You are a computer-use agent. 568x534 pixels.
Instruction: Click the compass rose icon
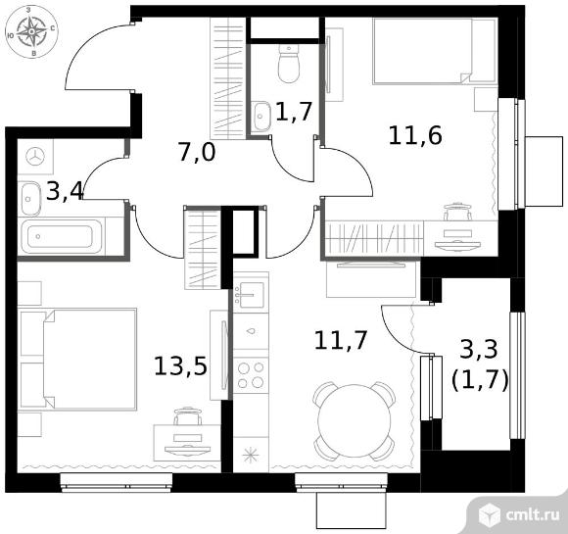coord(32,32)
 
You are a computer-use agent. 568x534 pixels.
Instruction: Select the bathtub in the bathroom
coord(61,236)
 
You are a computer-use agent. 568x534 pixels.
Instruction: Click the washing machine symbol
coord(35,157)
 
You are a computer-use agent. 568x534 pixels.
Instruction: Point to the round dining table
coord(355,421)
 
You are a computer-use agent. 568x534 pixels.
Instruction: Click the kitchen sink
coord(251,293)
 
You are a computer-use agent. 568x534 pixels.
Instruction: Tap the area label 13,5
coord(180,365)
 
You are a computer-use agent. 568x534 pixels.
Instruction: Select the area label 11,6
coord(415,135)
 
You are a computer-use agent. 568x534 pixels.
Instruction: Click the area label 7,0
coord(197,152)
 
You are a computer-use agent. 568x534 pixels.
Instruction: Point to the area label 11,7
coord(341,340)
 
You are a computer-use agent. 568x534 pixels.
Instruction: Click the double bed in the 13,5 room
coord(78,360)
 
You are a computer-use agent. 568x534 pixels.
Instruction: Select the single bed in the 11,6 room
coord(435,51)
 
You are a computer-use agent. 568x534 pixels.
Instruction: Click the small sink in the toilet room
coord(260,116)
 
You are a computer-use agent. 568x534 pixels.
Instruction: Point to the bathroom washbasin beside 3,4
coord(30,199)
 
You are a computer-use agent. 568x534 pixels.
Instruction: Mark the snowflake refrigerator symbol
coord(251,455)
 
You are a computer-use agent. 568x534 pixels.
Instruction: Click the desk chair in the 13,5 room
coord(187,415)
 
